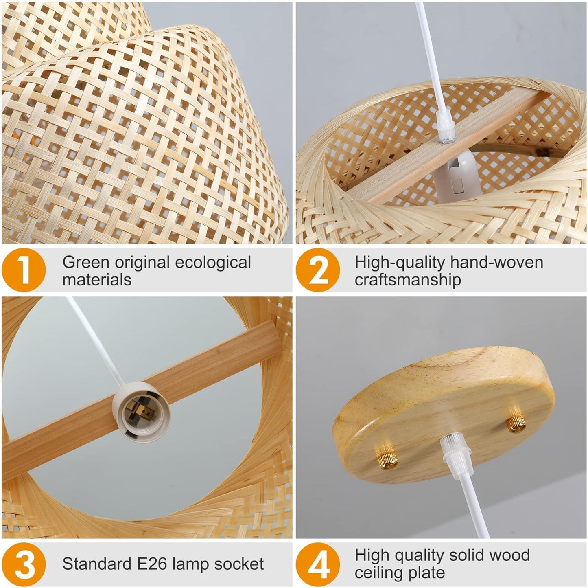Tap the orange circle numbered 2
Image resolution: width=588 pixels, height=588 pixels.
coord(318,270)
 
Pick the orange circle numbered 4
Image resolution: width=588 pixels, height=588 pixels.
coord(318,564)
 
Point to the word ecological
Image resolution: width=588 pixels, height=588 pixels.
coord(213,263)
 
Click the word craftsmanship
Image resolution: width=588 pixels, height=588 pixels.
coord(408,280)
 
